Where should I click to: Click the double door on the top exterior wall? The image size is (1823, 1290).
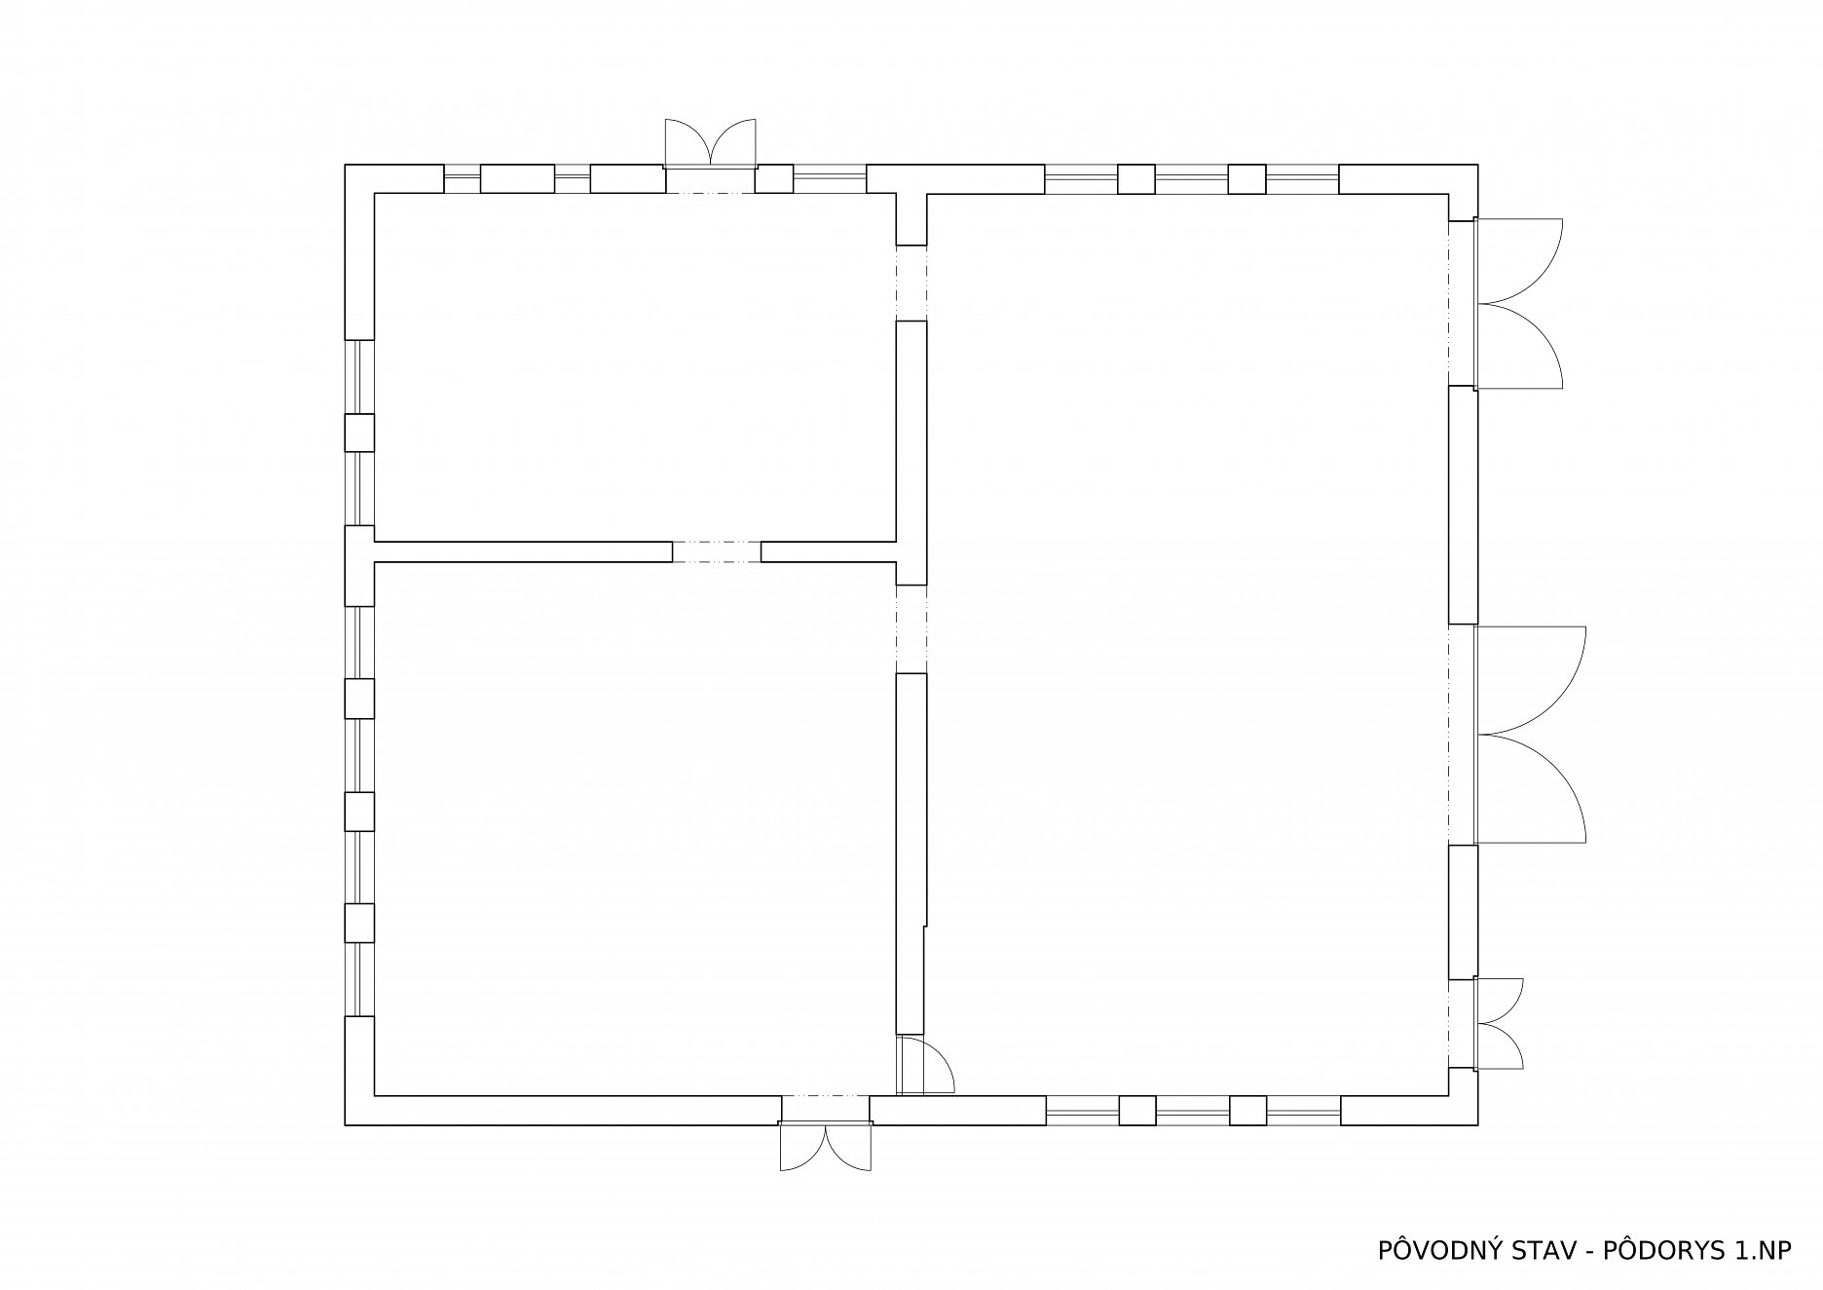pos(711,142)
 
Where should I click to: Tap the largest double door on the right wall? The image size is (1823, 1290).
pos(1531,735)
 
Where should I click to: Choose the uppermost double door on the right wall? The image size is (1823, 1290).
pos(1519,304)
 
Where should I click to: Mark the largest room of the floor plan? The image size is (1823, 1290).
pos(1186,645)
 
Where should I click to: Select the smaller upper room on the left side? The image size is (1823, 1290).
pos(635,367)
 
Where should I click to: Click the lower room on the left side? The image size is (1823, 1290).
pos(635,828)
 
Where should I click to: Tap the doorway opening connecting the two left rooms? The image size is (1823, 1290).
pos(717,551)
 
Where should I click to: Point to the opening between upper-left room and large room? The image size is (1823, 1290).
pos(911,283)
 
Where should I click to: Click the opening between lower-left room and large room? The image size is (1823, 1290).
pos(911,628)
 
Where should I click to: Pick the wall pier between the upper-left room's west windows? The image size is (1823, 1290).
pos(359,433)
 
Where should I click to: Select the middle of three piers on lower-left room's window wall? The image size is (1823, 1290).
pos(359,811)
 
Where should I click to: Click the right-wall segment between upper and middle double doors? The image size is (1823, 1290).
pos(1463,505)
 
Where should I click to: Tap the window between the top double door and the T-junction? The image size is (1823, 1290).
pos(830,179)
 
